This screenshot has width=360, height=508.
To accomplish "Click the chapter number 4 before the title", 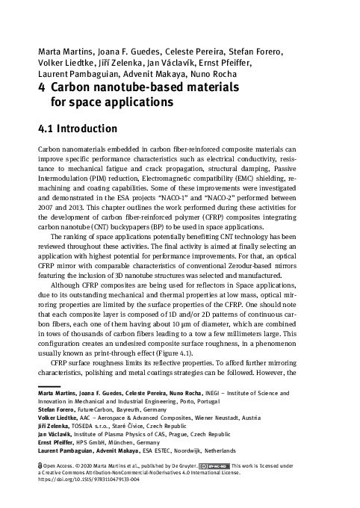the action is [x=42, y=85].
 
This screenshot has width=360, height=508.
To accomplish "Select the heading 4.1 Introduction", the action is [x=78, y=128].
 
